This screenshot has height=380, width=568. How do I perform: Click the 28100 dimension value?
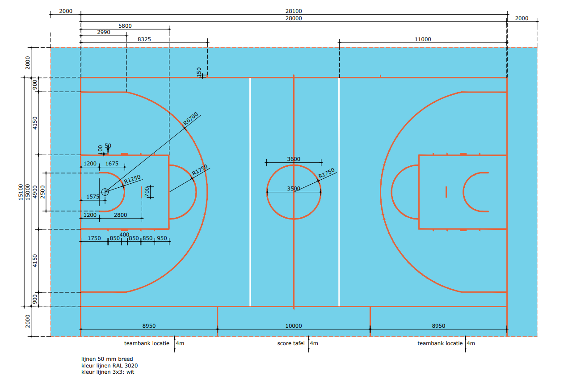click(x=294, y=11)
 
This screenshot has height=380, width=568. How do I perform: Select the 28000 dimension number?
click(x=294, y=18)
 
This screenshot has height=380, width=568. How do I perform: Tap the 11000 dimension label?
click(x=423, y=39)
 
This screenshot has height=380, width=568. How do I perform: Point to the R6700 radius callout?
click(x=190, y=119)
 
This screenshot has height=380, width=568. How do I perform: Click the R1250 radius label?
click(x=132, y=179)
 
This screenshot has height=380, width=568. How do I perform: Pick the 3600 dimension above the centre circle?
click(x=294, y=159)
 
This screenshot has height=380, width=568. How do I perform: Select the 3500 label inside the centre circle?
click(x=294, y=189)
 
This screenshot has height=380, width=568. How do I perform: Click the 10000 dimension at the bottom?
click(x=294, y=326)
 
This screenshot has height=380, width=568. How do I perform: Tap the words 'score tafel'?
click(x=291, y=343)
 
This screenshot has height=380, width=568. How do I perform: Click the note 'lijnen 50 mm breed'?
click(x=107, y=359)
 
